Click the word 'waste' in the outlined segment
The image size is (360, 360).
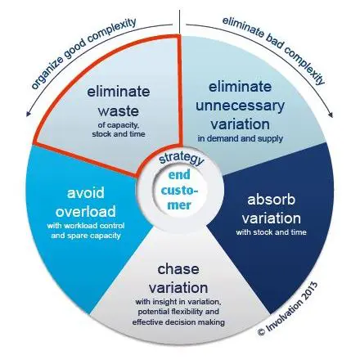click(x=119, y=111)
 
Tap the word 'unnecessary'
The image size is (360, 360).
click(x=240, y=106)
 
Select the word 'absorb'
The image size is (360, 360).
click(x=271, y=200)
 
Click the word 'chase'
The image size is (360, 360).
click(x=178, y=269)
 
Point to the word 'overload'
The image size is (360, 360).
click(x=86, y=212)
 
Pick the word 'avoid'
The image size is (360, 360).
click(x=86, y=193)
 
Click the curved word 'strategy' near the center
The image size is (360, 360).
click(x=181, y=160)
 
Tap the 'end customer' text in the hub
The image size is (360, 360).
click(x=179, y=190)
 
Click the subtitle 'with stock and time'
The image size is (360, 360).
click(x=271, y=232)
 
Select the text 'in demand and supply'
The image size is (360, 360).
click(x=240, y=138)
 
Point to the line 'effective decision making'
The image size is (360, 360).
click(x=178, y=322)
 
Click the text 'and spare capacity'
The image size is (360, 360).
click(x=86, y=236)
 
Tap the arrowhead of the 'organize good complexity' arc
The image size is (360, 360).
click(x=28, y=114)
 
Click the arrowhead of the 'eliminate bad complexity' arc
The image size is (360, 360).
click(x=331, y=115)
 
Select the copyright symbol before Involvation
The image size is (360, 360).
click(x=261, y=331)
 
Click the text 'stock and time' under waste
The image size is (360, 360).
click(x=119, y=134)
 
